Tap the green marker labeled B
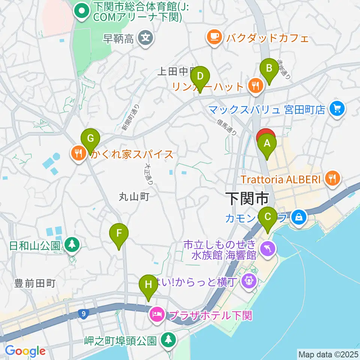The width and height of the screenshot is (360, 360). [x=269, y=68]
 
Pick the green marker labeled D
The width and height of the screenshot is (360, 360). [x=200, y=77]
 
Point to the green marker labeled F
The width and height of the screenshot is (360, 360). [x=119, y=234]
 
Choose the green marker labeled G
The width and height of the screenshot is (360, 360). [x=90, y=139]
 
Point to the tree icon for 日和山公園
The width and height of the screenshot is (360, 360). [x=70, y=245]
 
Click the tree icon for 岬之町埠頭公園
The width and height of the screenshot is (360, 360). [x=168, y=340]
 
